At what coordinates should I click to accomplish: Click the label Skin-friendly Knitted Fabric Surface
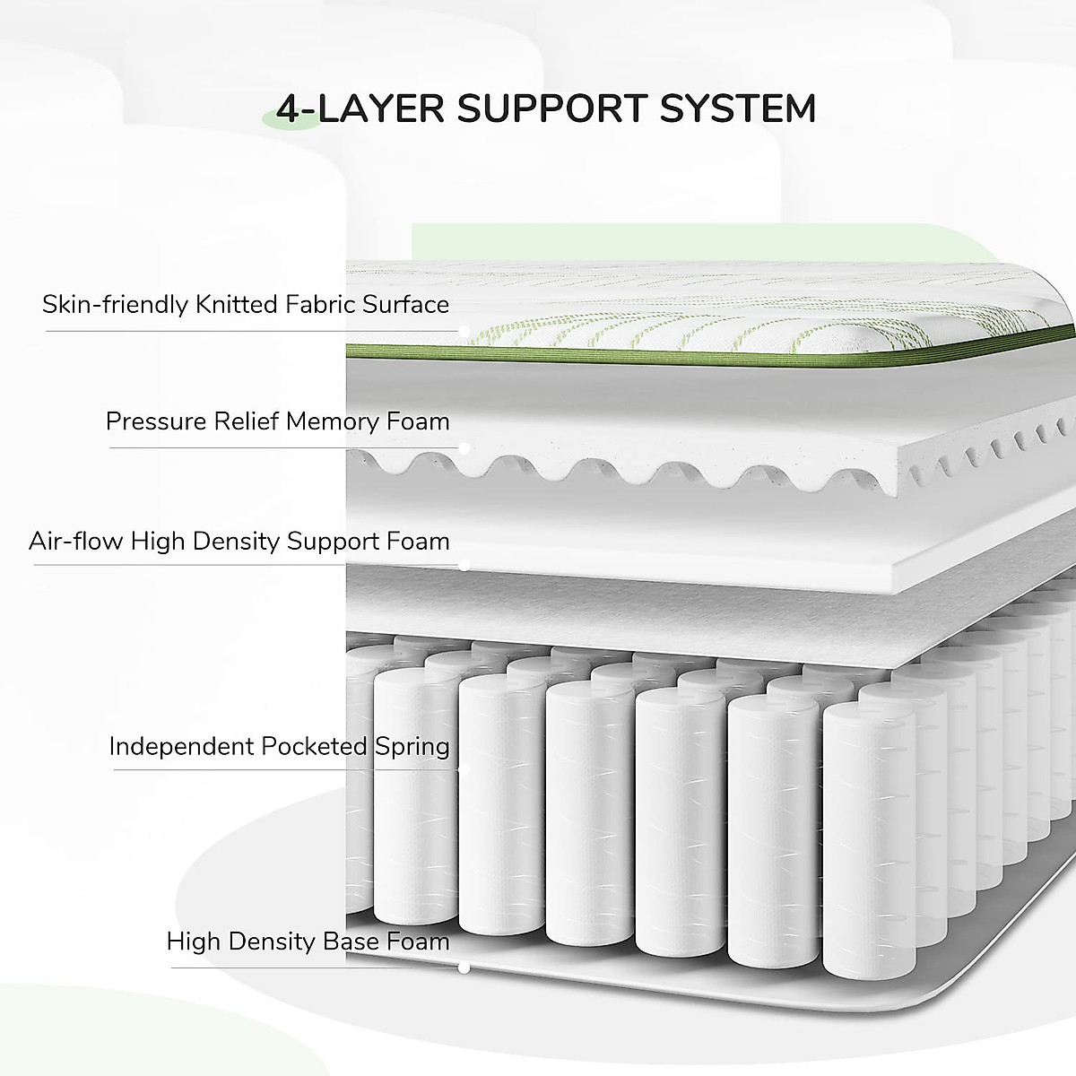pyautogui.click(x=246, y=304)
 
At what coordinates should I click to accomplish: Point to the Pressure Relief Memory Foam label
pyautogui.click(x=277, y=421)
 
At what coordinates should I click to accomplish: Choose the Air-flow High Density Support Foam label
pyautogui.click(x=239, y=541)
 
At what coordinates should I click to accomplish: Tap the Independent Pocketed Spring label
pyautogui.click(x=279, y=745)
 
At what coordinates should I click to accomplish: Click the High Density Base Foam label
pyautogui.click(x=308, y=941)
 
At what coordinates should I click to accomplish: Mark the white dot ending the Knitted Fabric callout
pyautogui.click(x=464, y=331)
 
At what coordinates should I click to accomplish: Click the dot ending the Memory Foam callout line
pyautogui.click(x=464, y=447)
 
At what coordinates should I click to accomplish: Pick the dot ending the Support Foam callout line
pyautogui.click(x=464, y=565)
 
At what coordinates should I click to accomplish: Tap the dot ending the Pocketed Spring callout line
pyautogui.click(x=464, y=769)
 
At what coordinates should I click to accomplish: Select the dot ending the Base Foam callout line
pyautogui.click(x=464, y=968)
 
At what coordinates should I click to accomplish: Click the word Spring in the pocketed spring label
pyautogui.click(x=415, y=745)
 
